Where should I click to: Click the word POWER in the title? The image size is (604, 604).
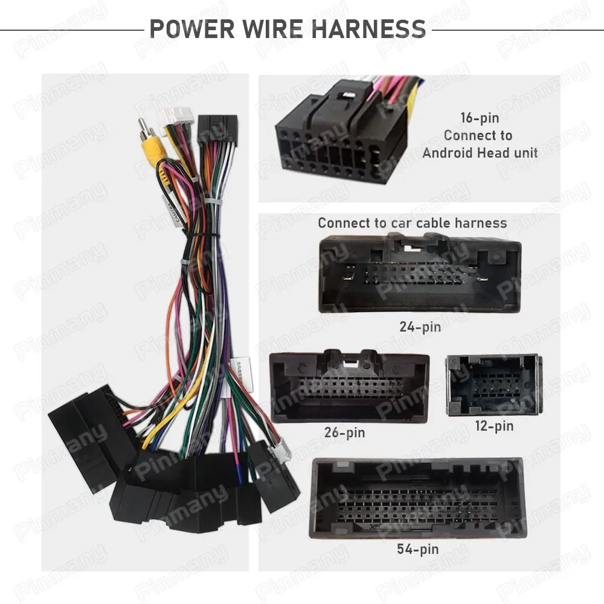192,29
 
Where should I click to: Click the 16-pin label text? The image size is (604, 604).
480,118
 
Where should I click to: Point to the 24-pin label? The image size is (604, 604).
420,327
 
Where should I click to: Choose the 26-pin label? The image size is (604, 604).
344,432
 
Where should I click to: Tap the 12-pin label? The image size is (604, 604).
494,426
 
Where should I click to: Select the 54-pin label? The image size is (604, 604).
417,549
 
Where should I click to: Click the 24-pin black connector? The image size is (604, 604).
420,274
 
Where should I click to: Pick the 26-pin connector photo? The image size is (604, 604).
349,386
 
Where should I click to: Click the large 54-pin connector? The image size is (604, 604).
417,498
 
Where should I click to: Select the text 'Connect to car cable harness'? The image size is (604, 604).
412,223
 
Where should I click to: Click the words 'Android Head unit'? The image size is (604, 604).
480,153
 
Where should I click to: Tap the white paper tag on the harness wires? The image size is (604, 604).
242,374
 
